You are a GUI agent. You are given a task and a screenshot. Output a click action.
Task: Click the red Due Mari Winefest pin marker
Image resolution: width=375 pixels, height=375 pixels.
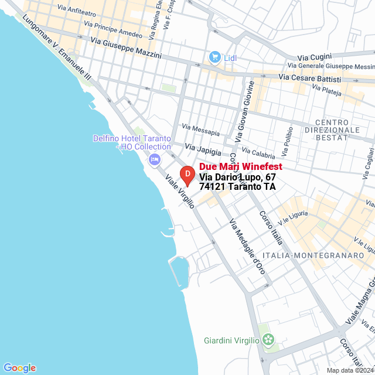pos(187,175)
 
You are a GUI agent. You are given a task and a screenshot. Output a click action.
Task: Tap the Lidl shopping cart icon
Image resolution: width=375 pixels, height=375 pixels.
pos(214,57)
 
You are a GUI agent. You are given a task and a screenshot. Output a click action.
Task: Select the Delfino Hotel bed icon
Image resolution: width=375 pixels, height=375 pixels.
pos(155,158)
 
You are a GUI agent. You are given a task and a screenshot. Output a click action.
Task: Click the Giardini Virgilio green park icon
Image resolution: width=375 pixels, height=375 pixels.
pos(268,339)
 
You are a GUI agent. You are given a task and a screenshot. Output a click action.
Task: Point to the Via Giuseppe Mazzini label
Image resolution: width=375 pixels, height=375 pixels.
pos(126,47)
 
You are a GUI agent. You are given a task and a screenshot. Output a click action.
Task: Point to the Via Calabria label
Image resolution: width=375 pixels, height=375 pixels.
pos(258,152)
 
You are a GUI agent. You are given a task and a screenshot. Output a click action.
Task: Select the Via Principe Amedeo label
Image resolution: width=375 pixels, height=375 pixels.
pos(113,29)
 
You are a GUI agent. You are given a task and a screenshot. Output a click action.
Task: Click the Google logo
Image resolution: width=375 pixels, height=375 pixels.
pos(19,367)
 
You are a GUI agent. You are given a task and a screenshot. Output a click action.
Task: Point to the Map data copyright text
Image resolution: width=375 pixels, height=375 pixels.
pos(350,370)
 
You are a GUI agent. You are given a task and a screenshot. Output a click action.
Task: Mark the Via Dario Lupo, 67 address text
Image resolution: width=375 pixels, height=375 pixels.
pos(237,177)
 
